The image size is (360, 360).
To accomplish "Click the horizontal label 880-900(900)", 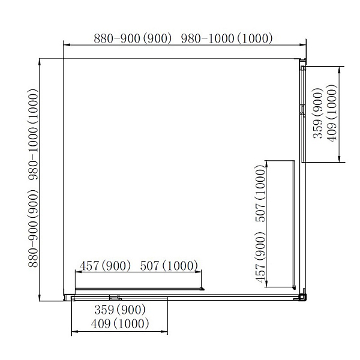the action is (x=133, y=38).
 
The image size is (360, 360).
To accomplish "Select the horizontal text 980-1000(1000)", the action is (x=227, y=38).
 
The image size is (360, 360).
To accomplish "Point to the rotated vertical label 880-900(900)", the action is (x=33, y=228).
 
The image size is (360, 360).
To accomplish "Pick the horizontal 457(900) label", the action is (x=105, y=266).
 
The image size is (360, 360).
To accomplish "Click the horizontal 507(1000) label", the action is (x=169, y=266).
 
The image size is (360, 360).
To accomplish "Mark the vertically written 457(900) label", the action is (x=260, y=257).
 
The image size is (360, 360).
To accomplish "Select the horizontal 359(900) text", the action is (x=120, y=310).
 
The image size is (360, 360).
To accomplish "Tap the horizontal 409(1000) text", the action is (x=120, y=324).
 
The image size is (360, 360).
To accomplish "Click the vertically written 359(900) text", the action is (x=318, y=113).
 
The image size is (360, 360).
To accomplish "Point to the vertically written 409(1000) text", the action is (x=332, y=113).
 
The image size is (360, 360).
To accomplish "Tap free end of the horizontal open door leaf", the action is (x=203, y=289).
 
